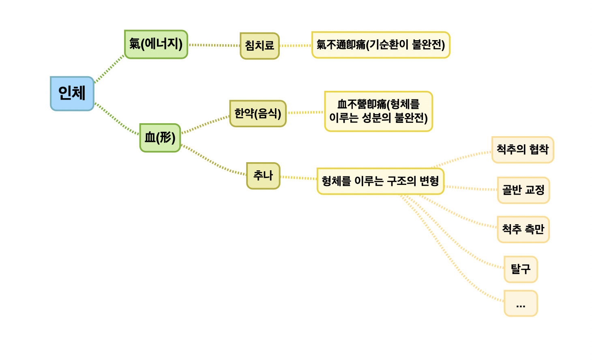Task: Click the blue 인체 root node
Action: [72, 93]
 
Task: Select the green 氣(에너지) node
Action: [156, 44]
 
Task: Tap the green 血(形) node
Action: [160, 138]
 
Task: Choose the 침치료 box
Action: [260, 46]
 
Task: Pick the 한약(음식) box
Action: [258, 114]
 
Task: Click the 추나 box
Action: [263, 176]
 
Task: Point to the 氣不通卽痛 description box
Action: [381, 45]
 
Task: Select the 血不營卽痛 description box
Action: [378, 111]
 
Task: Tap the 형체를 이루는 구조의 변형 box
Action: [380, 181]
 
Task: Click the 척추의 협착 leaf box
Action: [523, 150]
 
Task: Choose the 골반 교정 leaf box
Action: [523, 190]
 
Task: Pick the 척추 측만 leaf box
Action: [523, 230]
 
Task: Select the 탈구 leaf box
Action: [521, 269]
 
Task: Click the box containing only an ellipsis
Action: [521, 303]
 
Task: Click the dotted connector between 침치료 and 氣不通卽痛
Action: [296, 46]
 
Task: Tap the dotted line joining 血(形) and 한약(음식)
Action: [205, 124]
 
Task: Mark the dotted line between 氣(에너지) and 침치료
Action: [214, 45]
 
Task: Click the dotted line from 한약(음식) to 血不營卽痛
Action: [305, 112]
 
